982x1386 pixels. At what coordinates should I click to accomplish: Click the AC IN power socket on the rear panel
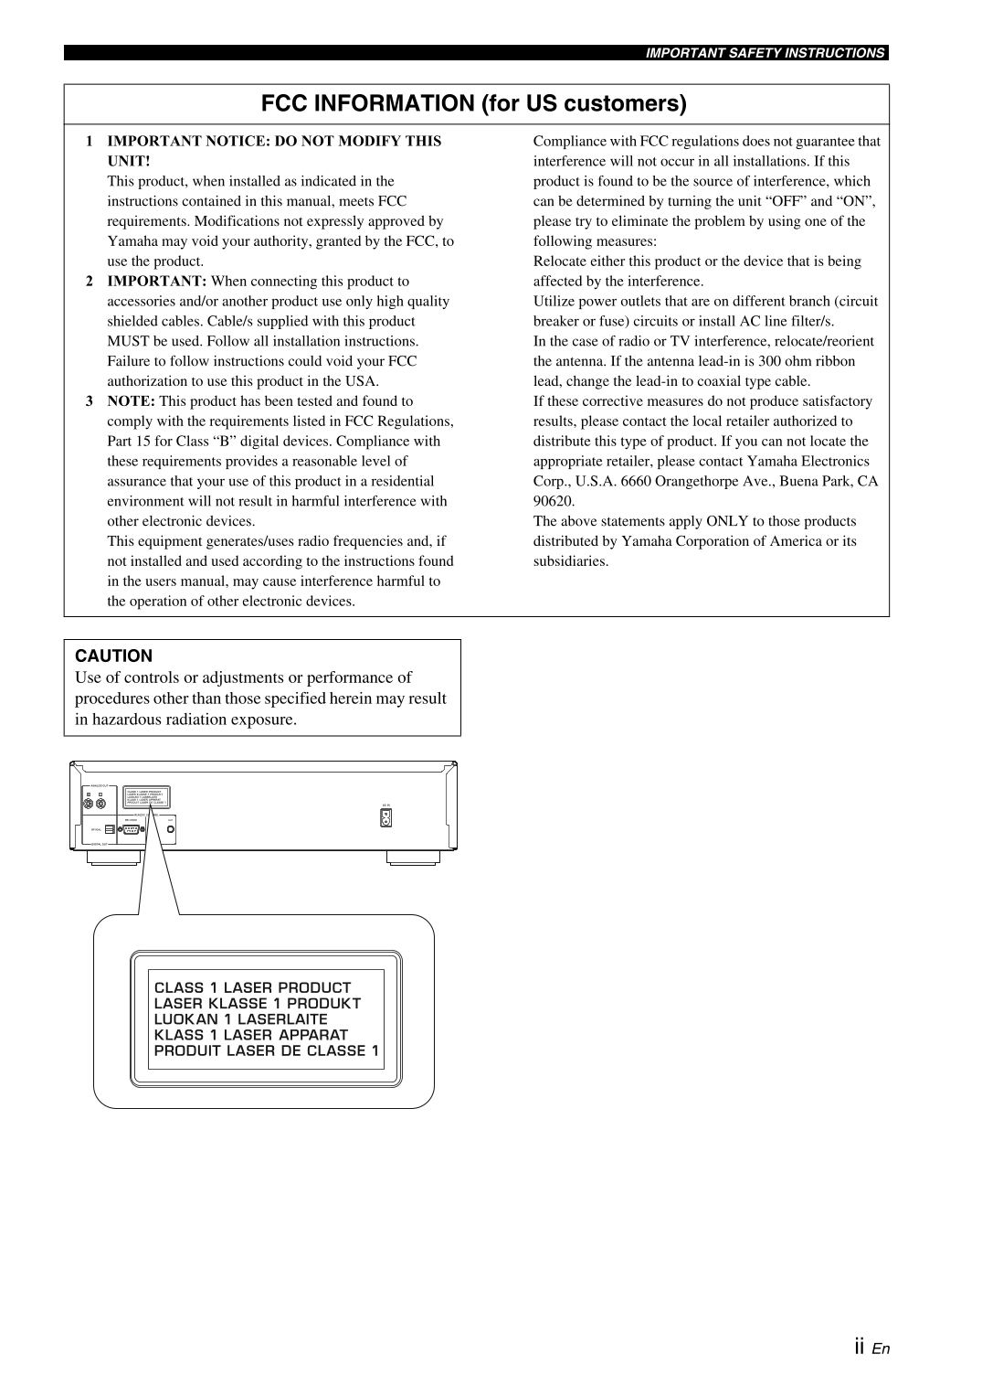385,818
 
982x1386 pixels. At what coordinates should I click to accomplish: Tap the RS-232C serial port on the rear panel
131,829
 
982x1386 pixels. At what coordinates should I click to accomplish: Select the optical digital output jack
110,829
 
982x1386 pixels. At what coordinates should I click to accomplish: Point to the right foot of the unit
413,858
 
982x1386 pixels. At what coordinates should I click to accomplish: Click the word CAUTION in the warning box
114,656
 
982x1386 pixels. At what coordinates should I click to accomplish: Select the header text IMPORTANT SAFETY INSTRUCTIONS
766,53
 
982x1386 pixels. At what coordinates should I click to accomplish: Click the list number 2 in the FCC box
90,282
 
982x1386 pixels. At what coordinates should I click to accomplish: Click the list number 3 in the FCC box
90,401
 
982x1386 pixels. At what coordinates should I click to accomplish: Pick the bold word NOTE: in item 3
131,401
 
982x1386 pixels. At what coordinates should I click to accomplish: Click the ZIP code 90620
554,501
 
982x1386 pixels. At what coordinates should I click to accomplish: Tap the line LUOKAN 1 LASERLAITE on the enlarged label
240,1019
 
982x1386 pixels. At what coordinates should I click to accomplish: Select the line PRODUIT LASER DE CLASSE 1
266,1050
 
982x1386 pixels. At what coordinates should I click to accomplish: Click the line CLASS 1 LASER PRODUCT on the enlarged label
252,987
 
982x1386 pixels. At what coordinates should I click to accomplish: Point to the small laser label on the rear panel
145,797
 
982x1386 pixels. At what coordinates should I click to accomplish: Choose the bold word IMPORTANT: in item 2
157,282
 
